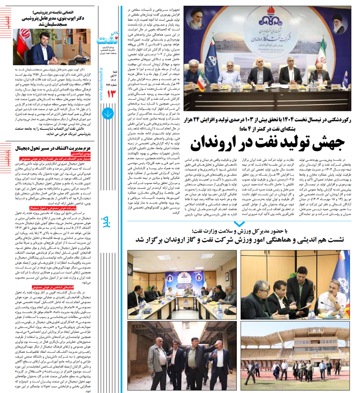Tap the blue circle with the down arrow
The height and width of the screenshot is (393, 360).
(x=107, y=113)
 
